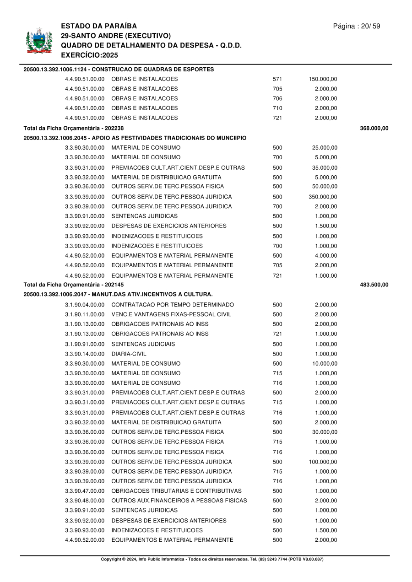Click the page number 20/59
[357, 26]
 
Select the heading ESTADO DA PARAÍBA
[99, 26]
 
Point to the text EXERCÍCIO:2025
[89, 55]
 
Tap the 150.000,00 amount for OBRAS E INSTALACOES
[323, 79]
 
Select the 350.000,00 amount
[323, 197]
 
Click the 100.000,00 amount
[323, 462]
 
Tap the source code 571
[277, 79]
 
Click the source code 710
[277, 108]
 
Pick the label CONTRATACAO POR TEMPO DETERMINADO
[173, 305]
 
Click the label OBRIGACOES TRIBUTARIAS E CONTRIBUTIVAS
[176, 491]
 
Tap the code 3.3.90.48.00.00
[85, 501]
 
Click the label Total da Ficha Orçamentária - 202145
[74, 285]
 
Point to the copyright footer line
[212, 559]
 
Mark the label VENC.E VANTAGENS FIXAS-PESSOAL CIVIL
[171, 314]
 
